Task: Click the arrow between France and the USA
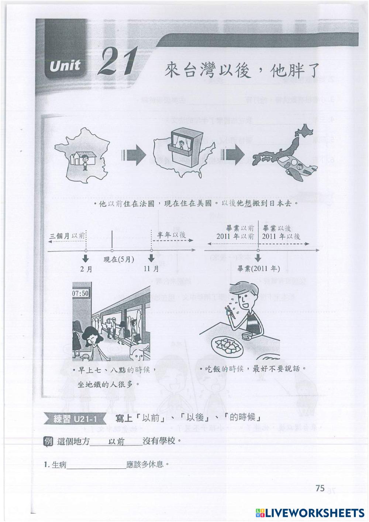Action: point(134,154)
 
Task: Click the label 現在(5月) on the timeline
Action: point(119,259)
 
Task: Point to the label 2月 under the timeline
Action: point(86,269)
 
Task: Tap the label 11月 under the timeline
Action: point(151,269)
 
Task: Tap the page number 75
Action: point(320,488)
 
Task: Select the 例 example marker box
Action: point(48,442)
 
